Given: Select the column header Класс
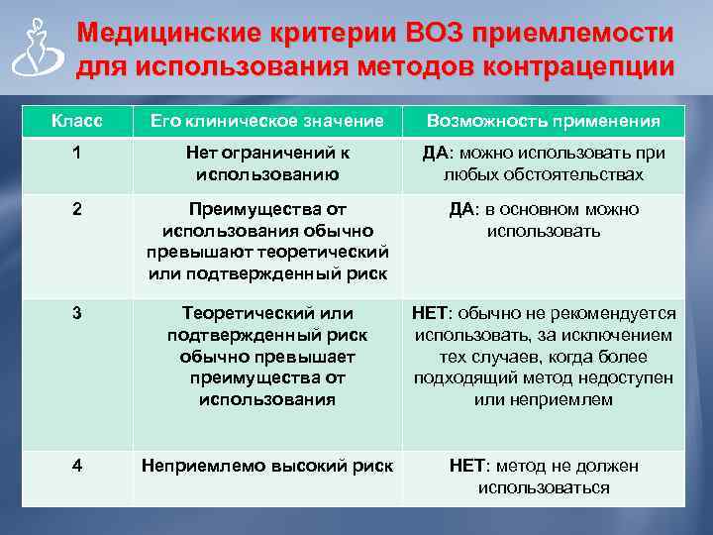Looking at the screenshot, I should click(x=76, y=121).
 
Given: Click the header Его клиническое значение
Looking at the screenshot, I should click(x=267, y=121).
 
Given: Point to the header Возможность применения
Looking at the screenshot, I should click(x=544, y=121).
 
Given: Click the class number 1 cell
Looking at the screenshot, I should click(x=76, y=153).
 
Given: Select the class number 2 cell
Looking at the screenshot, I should click(x=76, y=209).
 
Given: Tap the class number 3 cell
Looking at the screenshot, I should click(x=76, y=313).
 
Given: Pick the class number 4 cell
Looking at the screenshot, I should click(x=76, y=466).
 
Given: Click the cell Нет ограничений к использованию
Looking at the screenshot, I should click(x=267, y=163).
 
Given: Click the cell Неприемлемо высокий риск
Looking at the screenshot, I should click(x=267, y=466).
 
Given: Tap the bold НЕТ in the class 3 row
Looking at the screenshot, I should click(x=431, y=313).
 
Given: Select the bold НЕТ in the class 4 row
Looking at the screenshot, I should click(x=467, y=466).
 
